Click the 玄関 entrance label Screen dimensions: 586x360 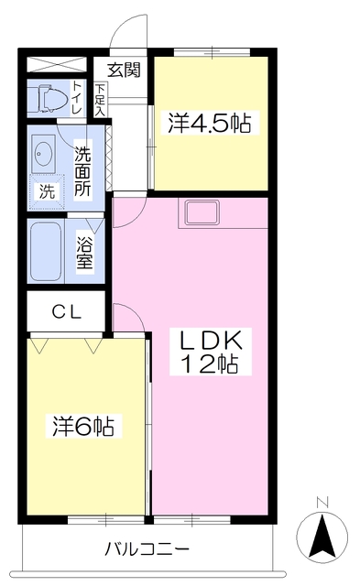[x=123, y=71]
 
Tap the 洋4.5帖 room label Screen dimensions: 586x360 [x=209, y=124]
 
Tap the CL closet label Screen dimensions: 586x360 [x=65, y=311]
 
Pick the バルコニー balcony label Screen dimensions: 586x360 [x=147, y=550]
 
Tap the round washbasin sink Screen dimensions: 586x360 [x=42, y=155]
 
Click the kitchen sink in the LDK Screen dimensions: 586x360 [x=201, y=212]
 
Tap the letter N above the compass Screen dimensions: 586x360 [x=322, y=502]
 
